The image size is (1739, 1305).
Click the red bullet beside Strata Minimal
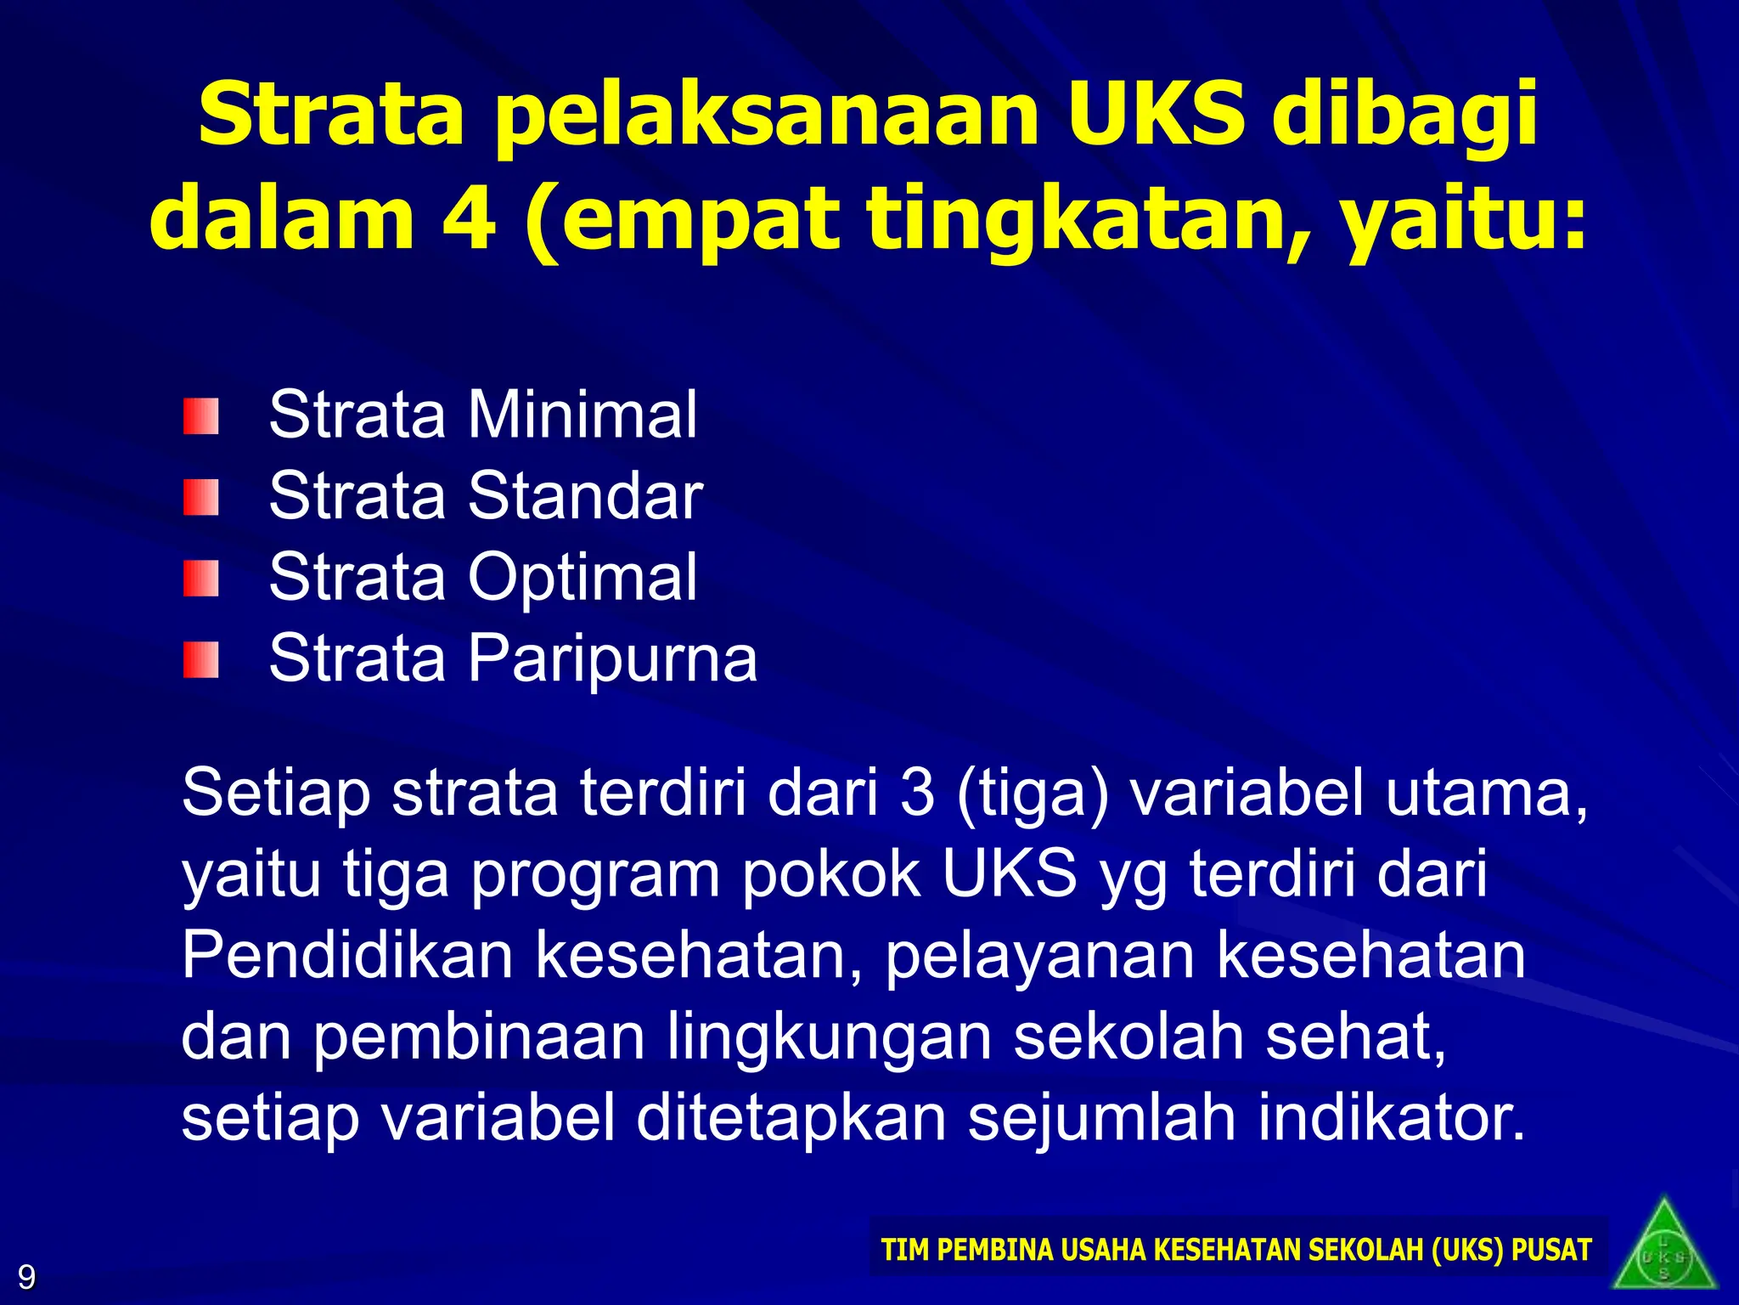pos(200,416)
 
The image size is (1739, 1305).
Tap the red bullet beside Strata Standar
pos(200,498)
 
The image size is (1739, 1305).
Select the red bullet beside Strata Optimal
pos(200,579)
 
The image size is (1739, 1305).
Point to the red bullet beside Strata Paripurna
pos(200,660)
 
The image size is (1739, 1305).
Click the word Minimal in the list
pos(582,415)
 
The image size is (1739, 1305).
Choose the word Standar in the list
pos(585,496)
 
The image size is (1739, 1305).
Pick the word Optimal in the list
pos(582,578)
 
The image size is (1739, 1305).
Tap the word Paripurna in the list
pos(612,659)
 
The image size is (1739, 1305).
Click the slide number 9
pos(26,1277)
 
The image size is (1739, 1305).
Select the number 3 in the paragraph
pos(917,793)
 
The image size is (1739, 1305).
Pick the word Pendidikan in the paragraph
pos(347,955)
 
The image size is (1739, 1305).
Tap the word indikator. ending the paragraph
pos(1392,1118)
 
